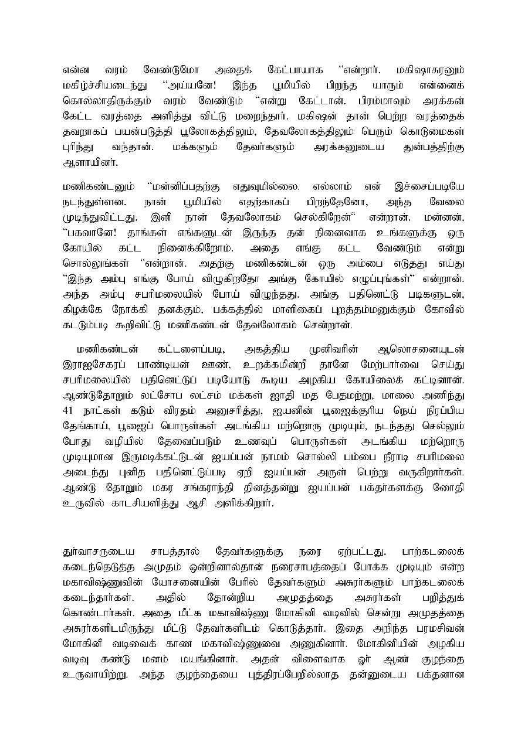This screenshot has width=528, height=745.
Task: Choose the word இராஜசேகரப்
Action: coord(97,363)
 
